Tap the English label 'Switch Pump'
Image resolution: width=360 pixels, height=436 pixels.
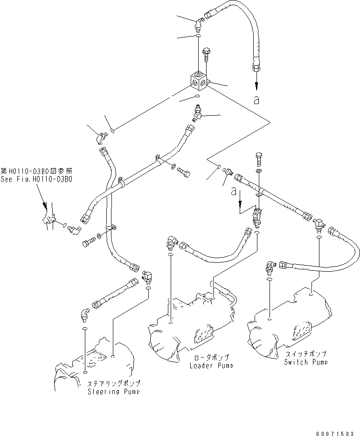pos(306,362)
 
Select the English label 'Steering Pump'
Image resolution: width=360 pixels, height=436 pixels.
pos(113,392)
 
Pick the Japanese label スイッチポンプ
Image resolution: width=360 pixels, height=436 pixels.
pos(305,354)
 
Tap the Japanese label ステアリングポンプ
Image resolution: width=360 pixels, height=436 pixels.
pos(113,384)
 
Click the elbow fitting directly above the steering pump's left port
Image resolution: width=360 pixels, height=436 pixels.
pos(83,315)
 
